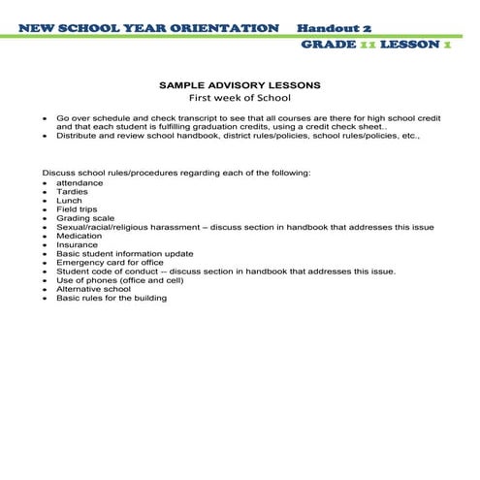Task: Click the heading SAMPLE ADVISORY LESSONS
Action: click(x=240, y=85)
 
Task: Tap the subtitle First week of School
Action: click(x=240, y=98)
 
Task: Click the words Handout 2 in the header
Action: click(x=335, y=28)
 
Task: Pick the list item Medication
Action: click(x=79, y=236)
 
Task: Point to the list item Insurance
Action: click(x=77, y=245)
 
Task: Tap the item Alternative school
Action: click(x=93, y=289)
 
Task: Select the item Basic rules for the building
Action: click(x=112, y=298)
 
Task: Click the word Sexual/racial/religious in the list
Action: click(x=101, y=227)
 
